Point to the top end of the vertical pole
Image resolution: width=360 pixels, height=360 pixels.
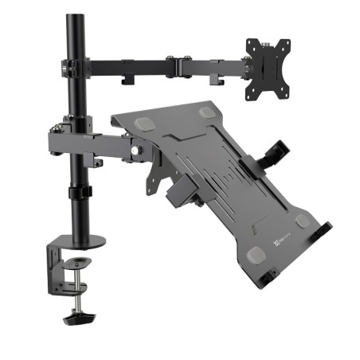tap(76, 18)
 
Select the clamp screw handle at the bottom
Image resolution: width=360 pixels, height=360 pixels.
tap(80, 318)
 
